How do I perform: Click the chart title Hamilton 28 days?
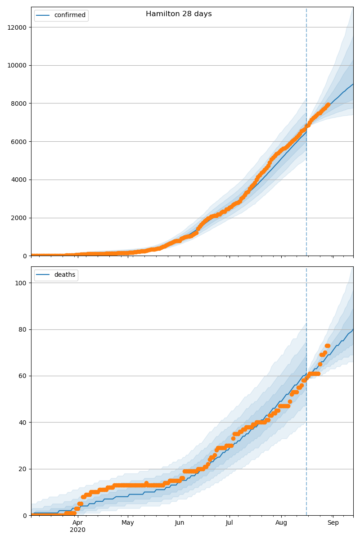click(179, 14)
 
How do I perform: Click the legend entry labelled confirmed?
click(69, 15)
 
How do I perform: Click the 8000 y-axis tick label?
click(19, 103)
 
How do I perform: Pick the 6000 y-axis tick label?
click(19, 141)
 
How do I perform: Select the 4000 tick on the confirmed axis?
click(19, 180)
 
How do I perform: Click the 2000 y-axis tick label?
click(19, 218)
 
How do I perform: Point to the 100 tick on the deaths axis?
click(21, 283)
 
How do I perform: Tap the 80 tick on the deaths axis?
click(23, 329)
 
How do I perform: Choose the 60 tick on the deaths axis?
click(23, 376)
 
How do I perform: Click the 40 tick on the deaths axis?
click(23, 422)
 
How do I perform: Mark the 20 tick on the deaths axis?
click(23, 469)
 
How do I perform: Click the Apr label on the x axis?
click(78, 522)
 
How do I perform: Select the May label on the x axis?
click(128, 522)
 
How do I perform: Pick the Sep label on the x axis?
click(333, 522)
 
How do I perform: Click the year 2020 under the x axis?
click(78, 530)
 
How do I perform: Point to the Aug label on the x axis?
click(281, 522)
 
